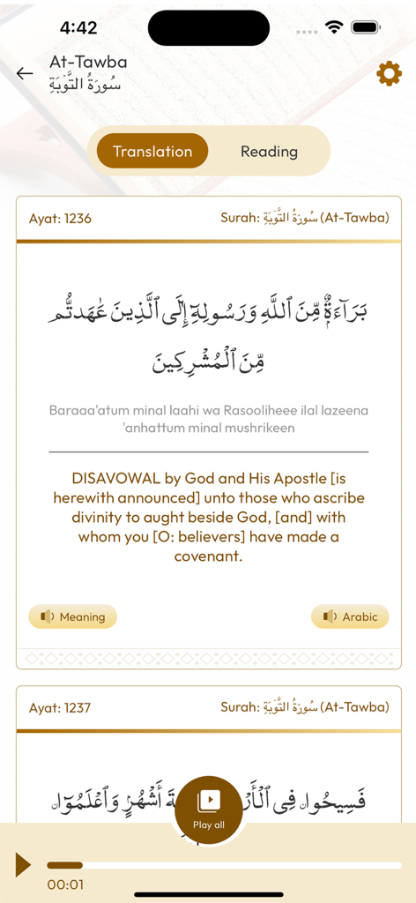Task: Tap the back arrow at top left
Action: coord(25,73)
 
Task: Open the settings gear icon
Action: coord(389,74)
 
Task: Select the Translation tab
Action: coord(152,151)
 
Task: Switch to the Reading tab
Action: coord(269,151)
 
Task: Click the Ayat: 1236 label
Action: coord(60,218)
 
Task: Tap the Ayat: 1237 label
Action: coord(60,707)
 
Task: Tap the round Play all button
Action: coord(209,810)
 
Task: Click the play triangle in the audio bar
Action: coord(23,865)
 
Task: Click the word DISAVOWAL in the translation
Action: coord(115,479)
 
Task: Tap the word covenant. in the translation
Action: coord(209,556)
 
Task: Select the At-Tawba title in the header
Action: coord(88,62)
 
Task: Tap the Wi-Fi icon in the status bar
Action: coord(333,28)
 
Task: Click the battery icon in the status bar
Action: coord(366,28)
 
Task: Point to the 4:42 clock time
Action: coord(78,28)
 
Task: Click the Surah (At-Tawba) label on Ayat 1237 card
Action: coord(304,707)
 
